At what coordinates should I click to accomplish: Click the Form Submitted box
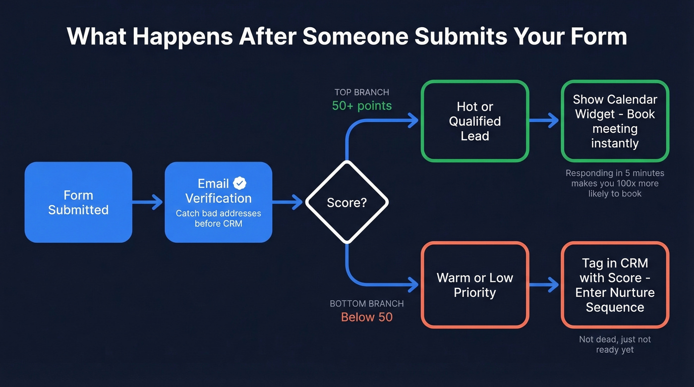[78, 202]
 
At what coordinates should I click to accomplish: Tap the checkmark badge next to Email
[240, 183]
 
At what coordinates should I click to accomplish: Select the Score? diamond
[347, 202]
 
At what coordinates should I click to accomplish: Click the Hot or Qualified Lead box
[475, 121]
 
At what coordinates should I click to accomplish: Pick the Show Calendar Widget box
[615, 121]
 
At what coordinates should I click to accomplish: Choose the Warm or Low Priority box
[475, 285]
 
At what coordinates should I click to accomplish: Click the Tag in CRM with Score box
[615, 285]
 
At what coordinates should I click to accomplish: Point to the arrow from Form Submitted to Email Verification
[148, 202]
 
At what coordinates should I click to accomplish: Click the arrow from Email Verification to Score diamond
[288, 202]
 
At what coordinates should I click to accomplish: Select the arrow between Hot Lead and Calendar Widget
[544, 120]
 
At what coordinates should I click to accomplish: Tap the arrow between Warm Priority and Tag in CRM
[544, 285]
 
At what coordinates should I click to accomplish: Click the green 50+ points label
[362, 106]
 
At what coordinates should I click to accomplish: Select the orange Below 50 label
[367, 317]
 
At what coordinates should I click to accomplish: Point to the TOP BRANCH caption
[362, 92]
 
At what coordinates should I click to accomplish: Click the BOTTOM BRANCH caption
[367, 304]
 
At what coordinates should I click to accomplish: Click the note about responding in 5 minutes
[615, 183]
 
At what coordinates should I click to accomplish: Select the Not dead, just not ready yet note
[615, 344]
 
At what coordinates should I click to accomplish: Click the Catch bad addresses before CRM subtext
[218, 219]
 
